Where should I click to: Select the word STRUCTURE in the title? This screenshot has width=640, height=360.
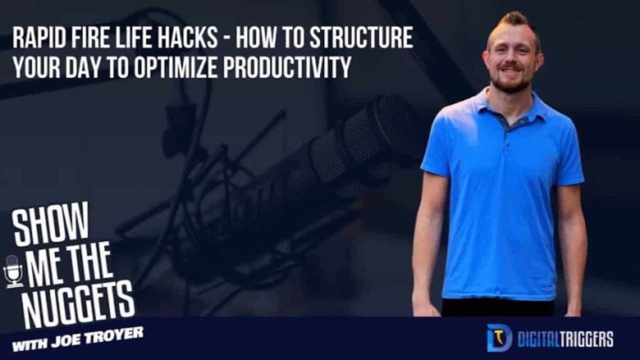tap(361, 37)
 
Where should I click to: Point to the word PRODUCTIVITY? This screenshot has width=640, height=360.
tap(287, 67)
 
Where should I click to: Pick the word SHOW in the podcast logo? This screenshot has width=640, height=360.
tap(50, 224)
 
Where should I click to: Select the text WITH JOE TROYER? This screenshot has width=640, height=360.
tap(77, 339)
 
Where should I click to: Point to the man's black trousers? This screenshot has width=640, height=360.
tap(498, 307)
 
